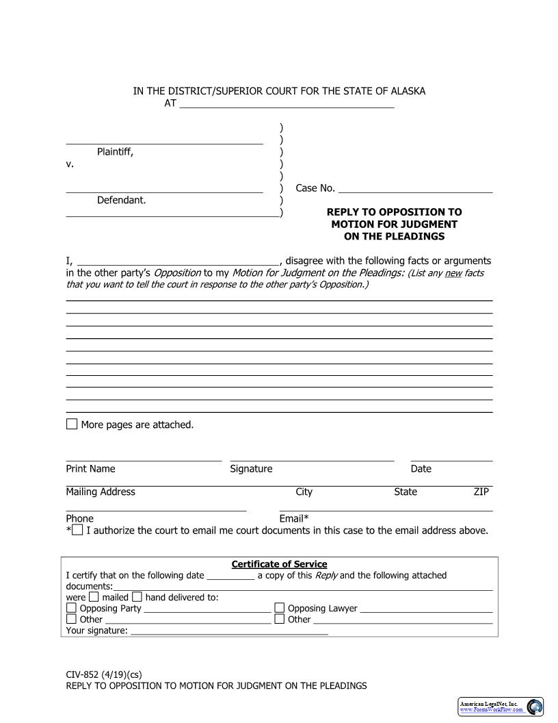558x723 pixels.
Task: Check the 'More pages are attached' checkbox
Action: coord(72,424)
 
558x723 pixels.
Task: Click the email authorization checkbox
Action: coord(77,530)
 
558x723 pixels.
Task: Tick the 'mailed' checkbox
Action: coord(94,596)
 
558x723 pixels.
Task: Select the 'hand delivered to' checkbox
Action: coord(137,596)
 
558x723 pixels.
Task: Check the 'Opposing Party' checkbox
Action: coord(72,608)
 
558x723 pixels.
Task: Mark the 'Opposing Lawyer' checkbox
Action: coord(280,608)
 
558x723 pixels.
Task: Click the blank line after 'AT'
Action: coord(287,104)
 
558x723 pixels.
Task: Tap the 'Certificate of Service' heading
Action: coord(279,564)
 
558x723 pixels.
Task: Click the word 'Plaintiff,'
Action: coord(115,152)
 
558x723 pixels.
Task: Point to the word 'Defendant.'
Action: coord(121,200)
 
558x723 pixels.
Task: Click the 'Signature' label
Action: coord(251,469)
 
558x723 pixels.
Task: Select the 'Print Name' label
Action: coord(90,469)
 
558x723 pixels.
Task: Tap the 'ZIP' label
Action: coord(481,492)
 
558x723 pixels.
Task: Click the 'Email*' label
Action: coord(294,518)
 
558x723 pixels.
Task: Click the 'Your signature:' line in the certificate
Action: coord(229,631)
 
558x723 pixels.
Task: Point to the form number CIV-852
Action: coord(83,674)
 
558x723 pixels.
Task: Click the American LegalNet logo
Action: coord(501,707)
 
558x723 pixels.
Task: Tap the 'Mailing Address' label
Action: coord(101,492)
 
